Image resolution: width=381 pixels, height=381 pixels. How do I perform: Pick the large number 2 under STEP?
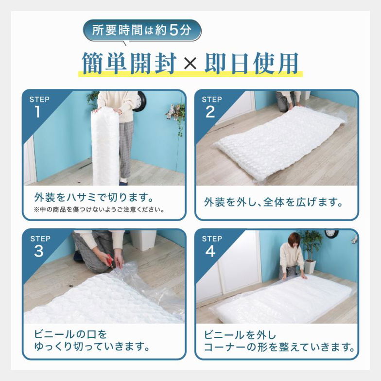(x=210, y=112)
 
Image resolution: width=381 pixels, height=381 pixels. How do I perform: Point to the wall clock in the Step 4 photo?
(x=331, y=233)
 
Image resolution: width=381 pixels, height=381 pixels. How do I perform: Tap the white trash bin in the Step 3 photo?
(x=143, y=239)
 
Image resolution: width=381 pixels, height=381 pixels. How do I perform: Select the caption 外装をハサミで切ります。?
(x=94, y=198)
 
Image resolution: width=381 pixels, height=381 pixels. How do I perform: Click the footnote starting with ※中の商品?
(x=99, y=210)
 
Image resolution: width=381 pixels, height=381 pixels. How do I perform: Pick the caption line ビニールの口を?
(x=70, y=334)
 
